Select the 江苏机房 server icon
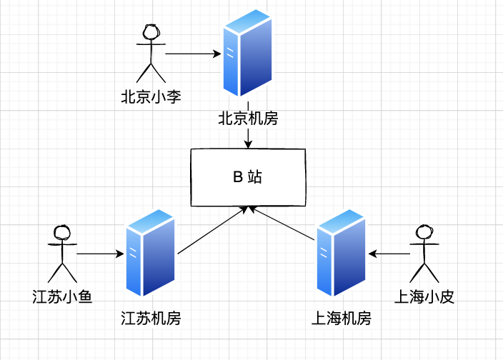(150, 254)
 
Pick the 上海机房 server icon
(342, 254)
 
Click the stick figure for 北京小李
(151, 53)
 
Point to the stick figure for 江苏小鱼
(62, 254)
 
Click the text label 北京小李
(151, 96)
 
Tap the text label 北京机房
(247, 118)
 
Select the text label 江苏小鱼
(62, 296)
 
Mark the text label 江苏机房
(151, 318)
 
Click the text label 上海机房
(342, 318)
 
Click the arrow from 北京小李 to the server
(193, 54)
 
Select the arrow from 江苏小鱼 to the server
(101, 254)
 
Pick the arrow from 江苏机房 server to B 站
(213, 230)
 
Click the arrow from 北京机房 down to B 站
(248, 137)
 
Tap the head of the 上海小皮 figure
(424, 233)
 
